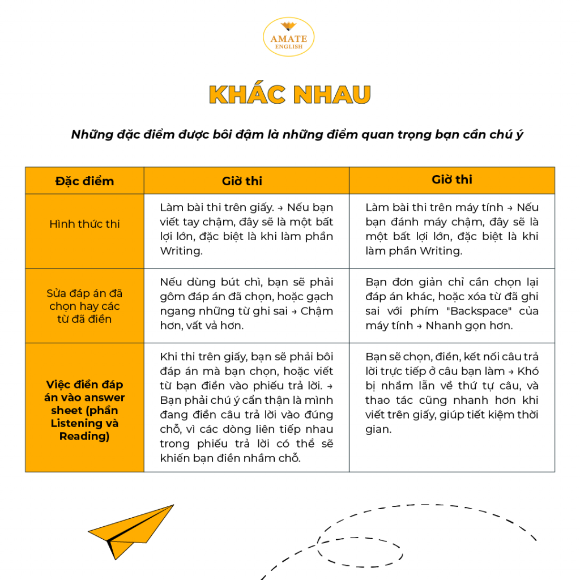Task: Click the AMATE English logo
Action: click(289, 37)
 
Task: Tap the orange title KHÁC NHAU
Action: click(289, 95)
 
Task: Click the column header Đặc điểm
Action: click(84, 181)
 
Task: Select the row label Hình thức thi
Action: click(84, 224)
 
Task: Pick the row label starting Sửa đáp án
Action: click(84, 306)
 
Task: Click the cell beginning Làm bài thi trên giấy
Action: click(246, 229)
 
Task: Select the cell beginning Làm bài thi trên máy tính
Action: click(451, 229)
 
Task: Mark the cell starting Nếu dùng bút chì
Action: click(246, 304)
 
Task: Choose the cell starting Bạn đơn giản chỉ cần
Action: click(451, 304)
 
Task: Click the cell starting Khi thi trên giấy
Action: click(246, 407)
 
